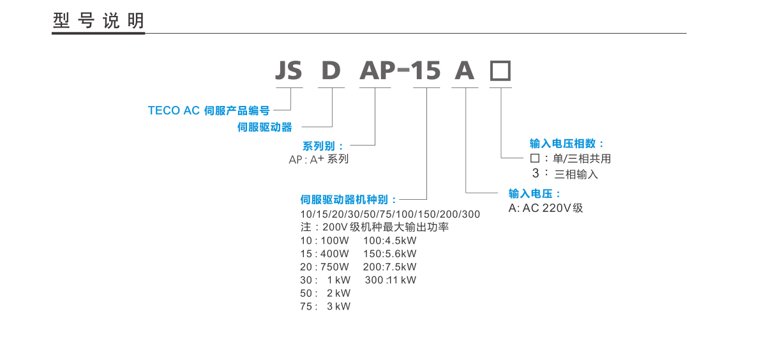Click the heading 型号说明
[98, 21]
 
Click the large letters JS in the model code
[289, 70]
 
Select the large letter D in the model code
[331, 70]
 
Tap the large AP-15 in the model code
[400, 70]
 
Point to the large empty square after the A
[500, 70]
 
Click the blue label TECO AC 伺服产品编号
[209, 110]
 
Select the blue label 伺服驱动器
[264, 128]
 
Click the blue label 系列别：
[323, 146]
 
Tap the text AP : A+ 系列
[319, 160]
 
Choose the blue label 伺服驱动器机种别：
[349, 200]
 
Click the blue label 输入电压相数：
[567, 144]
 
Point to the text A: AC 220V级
[546, 208]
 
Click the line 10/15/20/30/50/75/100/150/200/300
[390, 214]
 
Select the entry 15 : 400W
[324, 253]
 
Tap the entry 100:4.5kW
[389, 241]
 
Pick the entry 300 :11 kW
[390, 280]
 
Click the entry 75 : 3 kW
[325, 306]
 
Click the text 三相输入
[576, 174]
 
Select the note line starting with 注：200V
[374, 227]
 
